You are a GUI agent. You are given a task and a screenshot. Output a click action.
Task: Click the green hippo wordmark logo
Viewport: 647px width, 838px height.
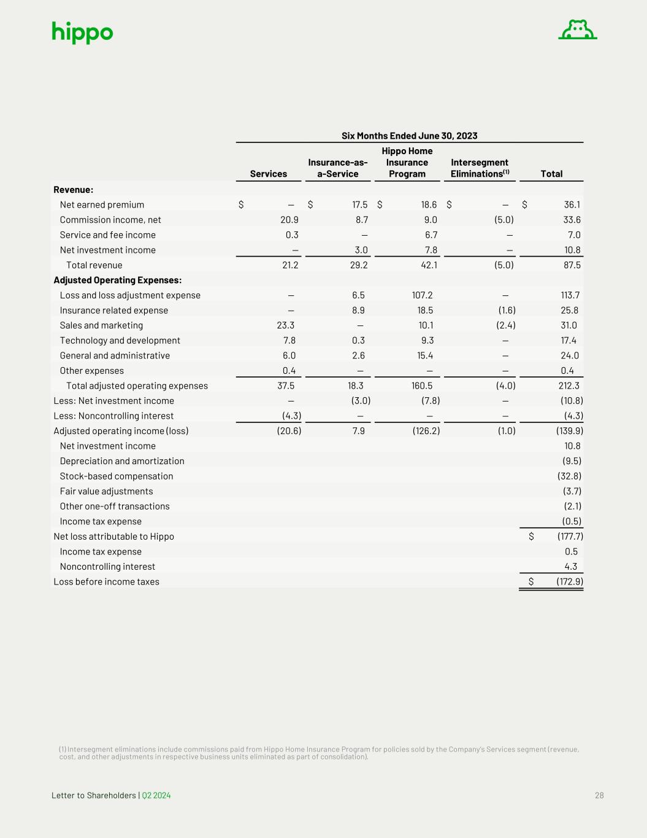tap(82, 33)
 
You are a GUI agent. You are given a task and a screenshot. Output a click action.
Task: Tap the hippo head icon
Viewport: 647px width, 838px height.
tap(578, 29)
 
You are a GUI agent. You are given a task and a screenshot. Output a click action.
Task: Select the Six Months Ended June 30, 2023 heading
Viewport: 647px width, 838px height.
tap(409, 136)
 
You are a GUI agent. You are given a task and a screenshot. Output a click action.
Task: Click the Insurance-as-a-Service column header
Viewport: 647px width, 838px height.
tap(338, 168)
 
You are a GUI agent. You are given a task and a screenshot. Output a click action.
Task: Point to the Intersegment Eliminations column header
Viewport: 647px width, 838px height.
tap(480, 168)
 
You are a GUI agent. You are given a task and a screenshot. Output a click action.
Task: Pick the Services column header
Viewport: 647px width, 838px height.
tap(269, 174)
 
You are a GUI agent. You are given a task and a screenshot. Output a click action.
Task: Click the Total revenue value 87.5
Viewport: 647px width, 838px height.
tap(572, 265)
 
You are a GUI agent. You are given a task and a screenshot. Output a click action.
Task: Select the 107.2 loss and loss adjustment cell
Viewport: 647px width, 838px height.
tap(422, 295)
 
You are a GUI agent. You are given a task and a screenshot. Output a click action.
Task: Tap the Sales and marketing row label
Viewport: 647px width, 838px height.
tap(101, 325)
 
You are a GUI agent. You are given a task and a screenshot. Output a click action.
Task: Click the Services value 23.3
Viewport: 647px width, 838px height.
tap(286, 325)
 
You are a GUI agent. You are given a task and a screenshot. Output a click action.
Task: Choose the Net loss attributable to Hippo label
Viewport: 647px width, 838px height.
tap(113, 537)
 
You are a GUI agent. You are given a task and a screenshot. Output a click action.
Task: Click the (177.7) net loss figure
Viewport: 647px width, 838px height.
tap(570, 537)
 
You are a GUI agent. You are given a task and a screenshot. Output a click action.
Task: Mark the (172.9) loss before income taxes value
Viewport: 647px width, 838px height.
tap(570, 582)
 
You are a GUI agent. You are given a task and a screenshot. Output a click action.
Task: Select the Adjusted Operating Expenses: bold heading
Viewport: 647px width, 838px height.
tap(117, 280)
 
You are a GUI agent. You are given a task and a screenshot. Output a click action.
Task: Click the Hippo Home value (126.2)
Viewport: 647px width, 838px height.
tap(426, 431)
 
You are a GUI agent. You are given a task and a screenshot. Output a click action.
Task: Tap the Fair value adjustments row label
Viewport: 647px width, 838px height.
tap(106, 491)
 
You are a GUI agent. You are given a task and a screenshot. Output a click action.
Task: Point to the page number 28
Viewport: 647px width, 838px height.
tap(599, 796)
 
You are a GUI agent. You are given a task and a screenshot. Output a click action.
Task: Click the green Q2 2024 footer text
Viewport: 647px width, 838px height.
tap(156, 796)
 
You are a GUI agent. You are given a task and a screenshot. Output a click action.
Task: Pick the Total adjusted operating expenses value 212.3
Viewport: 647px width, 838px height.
tap(569, 386)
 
